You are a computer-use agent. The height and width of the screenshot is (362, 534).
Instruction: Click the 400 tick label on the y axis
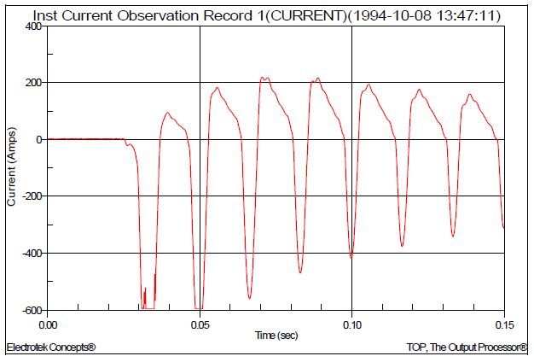click(x=32, y=26)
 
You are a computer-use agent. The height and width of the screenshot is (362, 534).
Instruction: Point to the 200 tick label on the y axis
click(x=32, y=83)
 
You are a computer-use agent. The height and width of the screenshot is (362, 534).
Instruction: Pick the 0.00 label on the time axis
click(x=48, y=325)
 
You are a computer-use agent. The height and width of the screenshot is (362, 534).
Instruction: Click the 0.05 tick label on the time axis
click(x=200, y=325)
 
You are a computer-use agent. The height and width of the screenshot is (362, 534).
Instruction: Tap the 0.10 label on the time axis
click(x=351, y=325)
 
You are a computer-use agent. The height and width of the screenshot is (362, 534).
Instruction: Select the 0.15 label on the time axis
click(x=503, y=325)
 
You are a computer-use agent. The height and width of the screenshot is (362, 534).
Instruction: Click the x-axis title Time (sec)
click(x=276, y=336)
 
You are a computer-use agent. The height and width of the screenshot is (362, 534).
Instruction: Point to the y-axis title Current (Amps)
click(x=11, y=168)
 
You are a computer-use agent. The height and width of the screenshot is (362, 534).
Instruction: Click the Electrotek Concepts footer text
click(x=50, y=348)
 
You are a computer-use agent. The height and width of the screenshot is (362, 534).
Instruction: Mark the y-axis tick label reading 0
click(x=38, y=140)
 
